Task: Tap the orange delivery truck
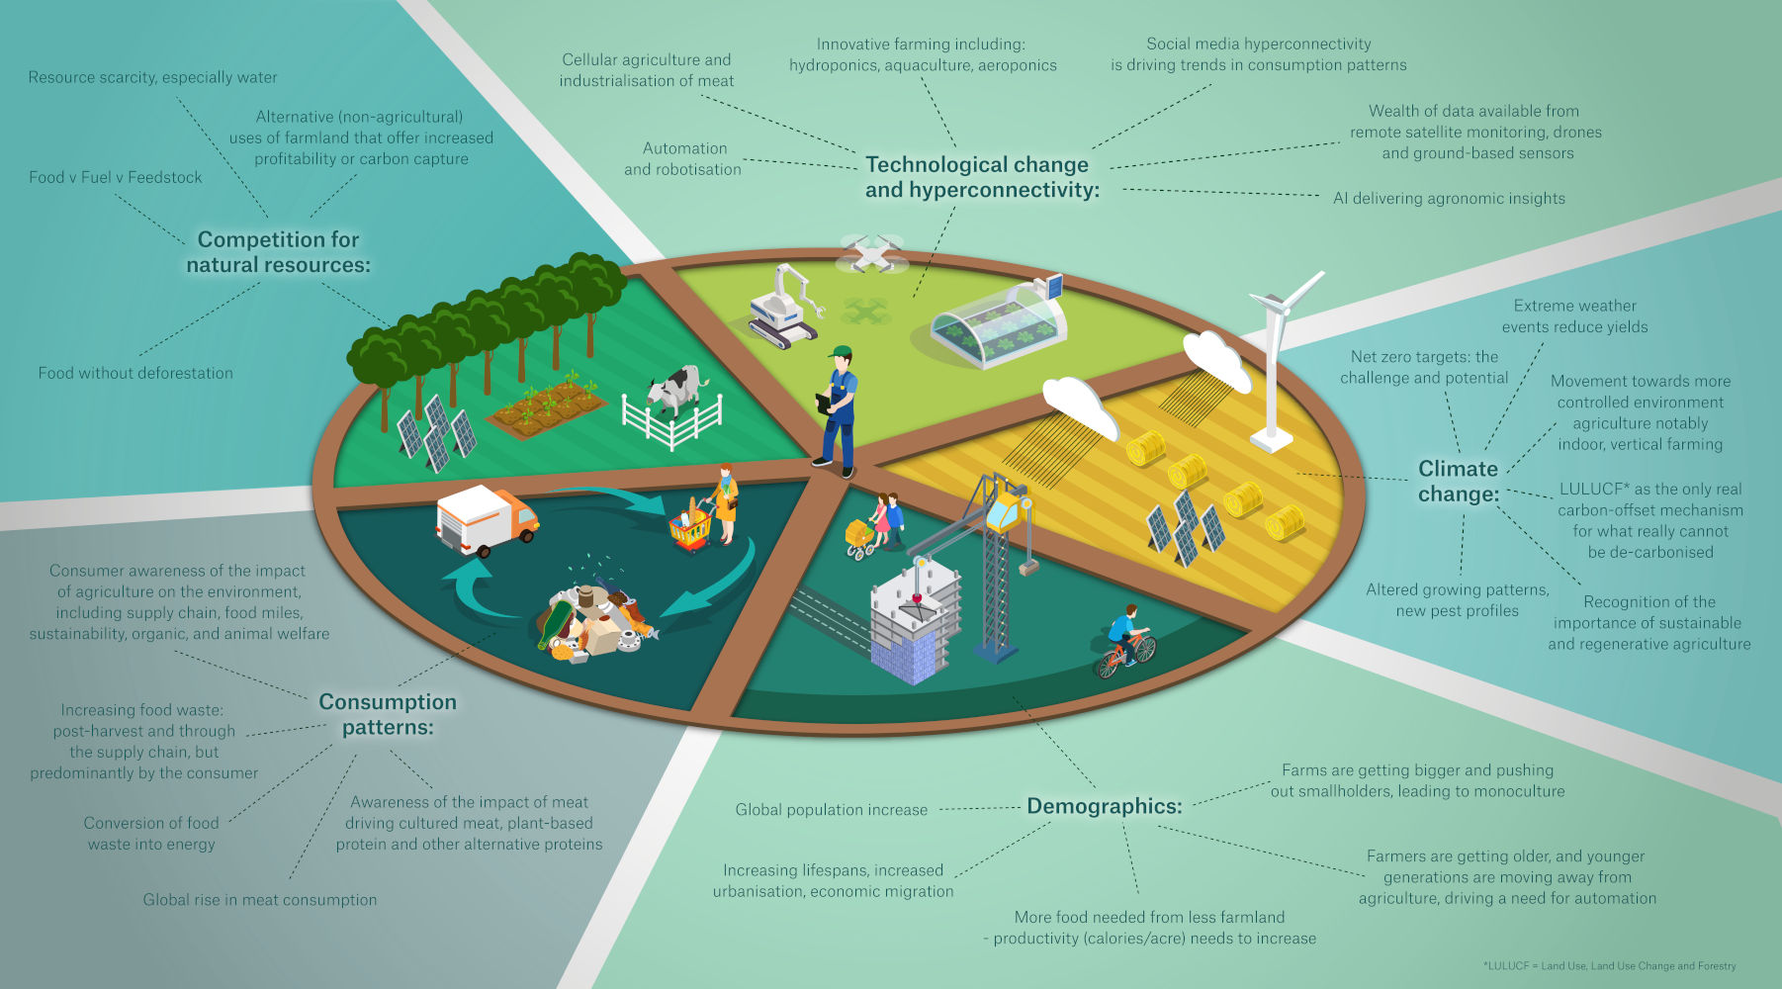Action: point(487,519)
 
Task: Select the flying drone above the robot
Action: point(871,252)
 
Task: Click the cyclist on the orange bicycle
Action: point(1125,643)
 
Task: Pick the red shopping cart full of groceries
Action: point(690,530)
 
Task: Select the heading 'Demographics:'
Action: point(1104,806)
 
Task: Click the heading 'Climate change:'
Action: point(1459,482)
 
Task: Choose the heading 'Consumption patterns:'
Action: point(388,714)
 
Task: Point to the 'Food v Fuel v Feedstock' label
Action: point(116,177)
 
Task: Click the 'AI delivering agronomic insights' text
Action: point(1449,198)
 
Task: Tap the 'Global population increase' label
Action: point(831,810)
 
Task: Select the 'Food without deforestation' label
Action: point(135,373)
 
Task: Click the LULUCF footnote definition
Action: point(1609,966)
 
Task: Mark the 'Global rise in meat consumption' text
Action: point(259,900)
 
